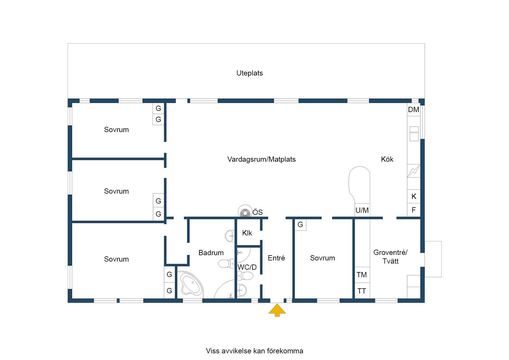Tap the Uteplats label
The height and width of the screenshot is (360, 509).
[250, 73]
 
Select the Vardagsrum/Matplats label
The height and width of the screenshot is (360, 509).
[261, 159]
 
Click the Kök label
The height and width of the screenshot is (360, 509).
[387, 159]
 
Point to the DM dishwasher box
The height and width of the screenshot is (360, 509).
[414, 110]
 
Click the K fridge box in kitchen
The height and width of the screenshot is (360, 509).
[414, 197]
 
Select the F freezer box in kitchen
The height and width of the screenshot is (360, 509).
[414, 210]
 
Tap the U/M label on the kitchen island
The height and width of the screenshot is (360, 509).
[362, 210]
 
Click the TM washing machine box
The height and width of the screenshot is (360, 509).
[362, 275]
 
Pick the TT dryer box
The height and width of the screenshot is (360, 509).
[362, 291]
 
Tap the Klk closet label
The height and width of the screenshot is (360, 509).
[247, 233]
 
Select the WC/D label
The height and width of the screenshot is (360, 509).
[247, 267]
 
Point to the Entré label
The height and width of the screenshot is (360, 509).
[276, 258]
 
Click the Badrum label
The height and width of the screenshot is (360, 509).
[211, 253]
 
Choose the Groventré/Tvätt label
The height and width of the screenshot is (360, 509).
[390, 257]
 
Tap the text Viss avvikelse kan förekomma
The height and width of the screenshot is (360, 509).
[255, 351]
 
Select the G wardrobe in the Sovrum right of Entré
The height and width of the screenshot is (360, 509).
[300, 225]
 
